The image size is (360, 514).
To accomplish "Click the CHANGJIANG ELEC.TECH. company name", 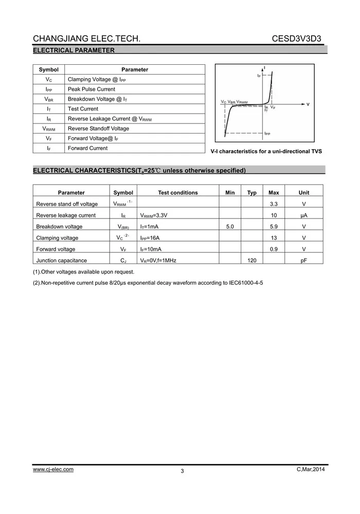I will (x=86, y=39).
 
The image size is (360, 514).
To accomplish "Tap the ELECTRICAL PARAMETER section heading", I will (x=74, y=50).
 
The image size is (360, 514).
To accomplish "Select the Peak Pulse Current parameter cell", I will (x=92, y=89).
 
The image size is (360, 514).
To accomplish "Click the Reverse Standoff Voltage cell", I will (x=98, y=128).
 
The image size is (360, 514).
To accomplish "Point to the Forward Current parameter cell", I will (x=88, y=148).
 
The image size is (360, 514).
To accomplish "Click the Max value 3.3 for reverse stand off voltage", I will (x=274, y=204).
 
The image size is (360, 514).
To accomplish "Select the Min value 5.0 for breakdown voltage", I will (x=230, y=227).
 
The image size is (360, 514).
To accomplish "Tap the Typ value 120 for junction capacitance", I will (x=252, y=261).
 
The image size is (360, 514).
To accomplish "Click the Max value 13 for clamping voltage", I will (x=274, y=238).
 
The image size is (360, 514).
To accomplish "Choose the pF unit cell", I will (x=304, y=261).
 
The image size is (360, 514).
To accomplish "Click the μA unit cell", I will (x=304, y=215).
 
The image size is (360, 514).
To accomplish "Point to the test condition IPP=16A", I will (x=150, y=238).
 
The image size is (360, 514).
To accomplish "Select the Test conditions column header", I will (x=178, y=193).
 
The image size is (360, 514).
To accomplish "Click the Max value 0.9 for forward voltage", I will (x=274, y=249).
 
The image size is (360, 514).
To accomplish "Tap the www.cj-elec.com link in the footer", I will (x=53, y=469).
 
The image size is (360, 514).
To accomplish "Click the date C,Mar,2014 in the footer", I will (x=311, y=469).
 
